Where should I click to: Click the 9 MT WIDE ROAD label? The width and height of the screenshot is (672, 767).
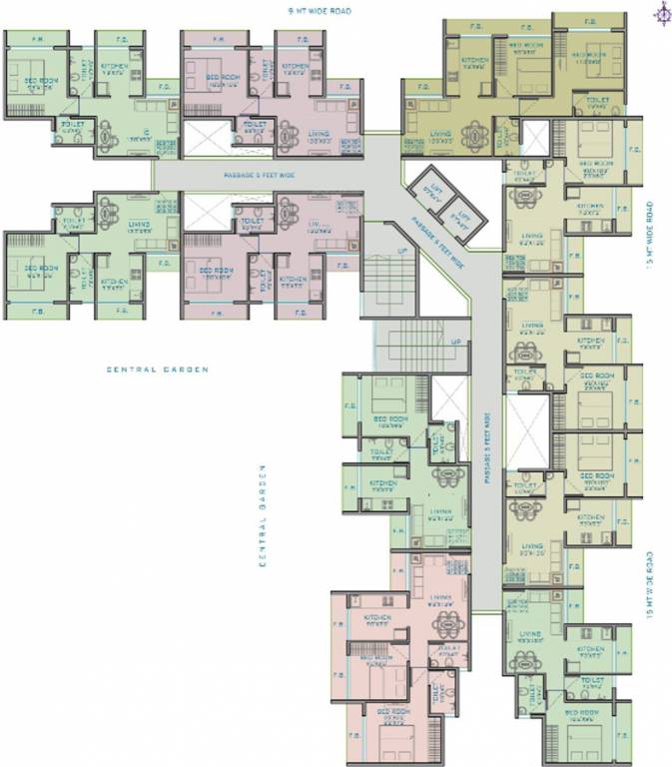[x=336, y=11]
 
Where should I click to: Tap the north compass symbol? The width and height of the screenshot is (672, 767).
[x=661, y=12]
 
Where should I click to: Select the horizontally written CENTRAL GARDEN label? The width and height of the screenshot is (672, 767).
[x=159, y=370]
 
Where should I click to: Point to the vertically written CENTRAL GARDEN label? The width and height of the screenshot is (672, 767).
[x=262, y=515]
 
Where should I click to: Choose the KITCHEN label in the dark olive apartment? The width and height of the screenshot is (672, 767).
[x=475, y=60]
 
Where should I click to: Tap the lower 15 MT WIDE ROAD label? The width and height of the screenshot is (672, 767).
[x=651, y=585]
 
